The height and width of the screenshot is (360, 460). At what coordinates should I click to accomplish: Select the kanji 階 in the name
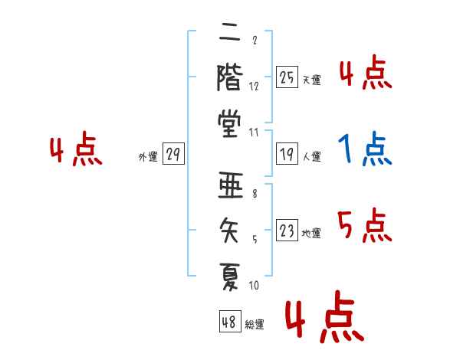coord(230,77)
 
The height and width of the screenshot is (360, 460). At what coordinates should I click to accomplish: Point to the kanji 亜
coord(231,185)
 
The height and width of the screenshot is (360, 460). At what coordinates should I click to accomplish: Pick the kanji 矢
coord(229,231)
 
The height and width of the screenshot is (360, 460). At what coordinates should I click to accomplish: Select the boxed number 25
coord(287,77)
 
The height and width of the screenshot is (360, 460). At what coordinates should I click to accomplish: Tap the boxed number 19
coord(287,154)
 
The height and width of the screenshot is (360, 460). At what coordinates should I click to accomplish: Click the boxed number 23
coord(287,230)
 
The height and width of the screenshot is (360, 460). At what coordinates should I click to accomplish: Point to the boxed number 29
coord(173,154)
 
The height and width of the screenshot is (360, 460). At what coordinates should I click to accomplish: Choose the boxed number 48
coord(230,322)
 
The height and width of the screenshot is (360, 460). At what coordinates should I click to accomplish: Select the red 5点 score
coord(364,225)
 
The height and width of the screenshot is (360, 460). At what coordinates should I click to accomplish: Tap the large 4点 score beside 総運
coord(324,317)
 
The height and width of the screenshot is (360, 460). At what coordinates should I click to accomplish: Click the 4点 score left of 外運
coord(76,149)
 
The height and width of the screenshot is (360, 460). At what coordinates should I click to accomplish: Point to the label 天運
coord(312,80)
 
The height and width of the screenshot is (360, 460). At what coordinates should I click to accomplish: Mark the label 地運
coord(311,234)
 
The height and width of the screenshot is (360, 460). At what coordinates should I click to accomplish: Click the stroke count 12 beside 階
coord(254,87)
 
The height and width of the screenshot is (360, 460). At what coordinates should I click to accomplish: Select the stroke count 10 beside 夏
coord(254,285)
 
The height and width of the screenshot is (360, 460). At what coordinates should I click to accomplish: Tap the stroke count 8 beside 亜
coord(255,194)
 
